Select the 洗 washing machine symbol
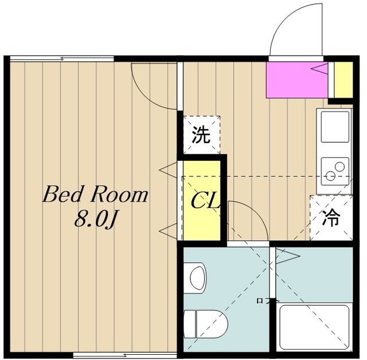pyautogui.click(x=201, y=135)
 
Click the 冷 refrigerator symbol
pyautogui.click(x=331, y=218)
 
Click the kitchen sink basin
pyautogui.click(x=335, y=127)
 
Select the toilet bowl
pyautogui.click(x=205, y=324)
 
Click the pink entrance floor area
pyautogui.click(x=297, y=80)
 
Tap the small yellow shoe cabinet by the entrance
pyautogui.click(x=343, y=80)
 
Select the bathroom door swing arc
pyautogui.click(x=257, y=211)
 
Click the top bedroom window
pyautogui.click(x=62, y=59)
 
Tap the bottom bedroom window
pyautogui.click(x=125, y=355)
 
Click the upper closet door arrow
pyautogui.click(x=168, y=170)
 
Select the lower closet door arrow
pyautogui.click(x=168, y=231)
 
